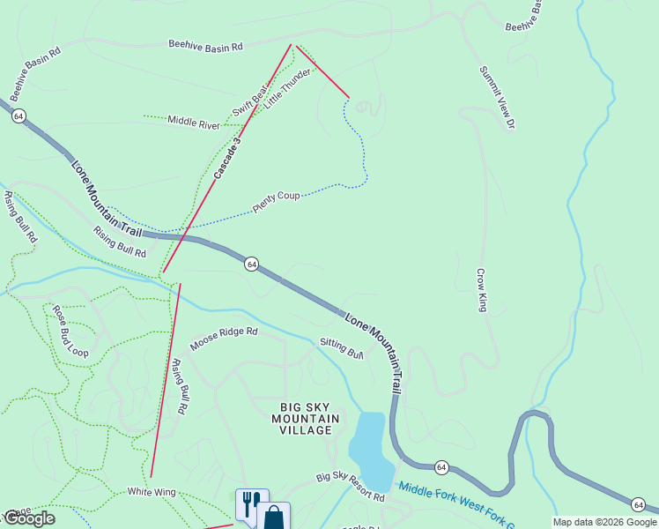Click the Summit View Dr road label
496,98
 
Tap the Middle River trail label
194,123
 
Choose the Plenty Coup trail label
277,198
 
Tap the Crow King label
482,290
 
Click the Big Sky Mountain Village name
301,417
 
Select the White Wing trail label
152,491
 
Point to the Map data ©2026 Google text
603,522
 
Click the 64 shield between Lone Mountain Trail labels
252,264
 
